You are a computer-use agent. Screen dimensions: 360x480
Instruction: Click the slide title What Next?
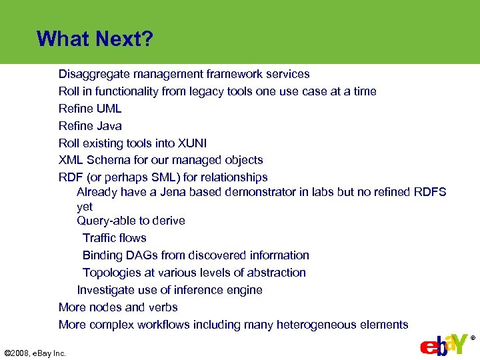95,39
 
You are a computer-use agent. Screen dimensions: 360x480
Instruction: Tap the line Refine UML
90,109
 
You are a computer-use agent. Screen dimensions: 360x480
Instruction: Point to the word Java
109,126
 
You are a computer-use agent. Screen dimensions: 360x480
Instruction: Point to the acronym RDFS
429,192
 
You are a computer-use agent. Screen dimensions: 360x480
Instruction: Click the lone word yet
85,207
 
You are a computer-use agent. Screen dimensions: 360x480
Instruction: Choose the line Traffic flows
114,238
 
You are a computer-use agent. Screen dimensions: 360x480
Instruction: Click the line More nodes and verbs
118,307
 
